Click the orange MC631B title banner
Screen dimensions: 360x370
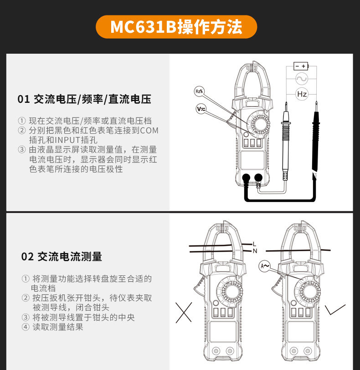pyautogui.click(x=176, y=27)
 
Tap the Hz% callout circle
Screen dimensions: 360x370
pyautogui.click(x=200, y=91)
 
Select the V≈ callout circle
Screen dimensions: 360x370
pyautogui.click(x=201, y=109)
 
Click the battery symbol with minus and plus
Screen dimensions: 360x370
pyautogui.click(x=301, y=66)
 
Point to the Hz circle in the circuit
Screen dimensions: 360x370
pyautogui.click(x=302, y=94)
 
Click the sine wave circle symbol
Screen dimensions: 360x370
pyautogui.click(x=302, y=79)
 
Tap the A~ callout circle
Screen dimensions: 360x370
pyautogui.click(x=265, y=266)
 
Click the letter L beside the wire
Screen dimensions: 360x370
pyautogui.click(x=254, y=244)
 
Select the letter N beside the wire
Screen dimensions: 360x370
pyautogui.click(x=255, y=251)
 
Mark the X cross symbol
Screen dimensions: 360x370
pyautogui.click(x=184, y=313)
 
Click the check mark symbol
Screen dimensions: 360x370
pyautogui.click(x=335, y=309)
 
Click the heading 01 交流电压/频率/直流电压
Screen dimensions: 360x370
pyautogui.click(x=84, y=99)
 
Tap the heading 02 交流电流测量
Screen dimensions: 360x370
pyautogui.click(x=62, y=257)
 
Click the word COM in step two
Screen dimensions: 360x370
pyautogui.click(x=149, y=131)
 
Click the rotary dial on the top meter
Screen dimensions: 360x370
pyautogui.click(x=260, y=124)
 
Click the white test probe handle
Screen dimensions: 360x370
pyautogui.click(x=286, y=142)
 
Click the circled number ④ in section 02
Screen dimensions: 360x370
pyautogui.click(x=26, y=327)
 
